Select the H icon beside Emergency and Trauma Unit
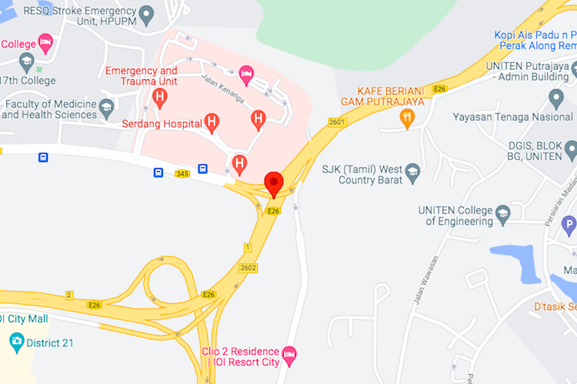160,97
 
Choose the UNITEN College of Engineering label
455,216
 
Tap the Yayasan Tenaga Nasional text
513,118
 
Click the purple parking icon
569,226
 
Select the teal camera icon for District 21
15,341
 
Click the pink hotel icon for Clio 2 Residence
288,354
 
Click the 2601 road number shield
337,121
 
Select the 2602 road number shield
248,267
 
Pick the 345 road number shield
182,174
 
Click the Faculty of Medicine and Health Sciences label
50,109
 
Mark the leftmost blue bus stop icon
43,157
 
